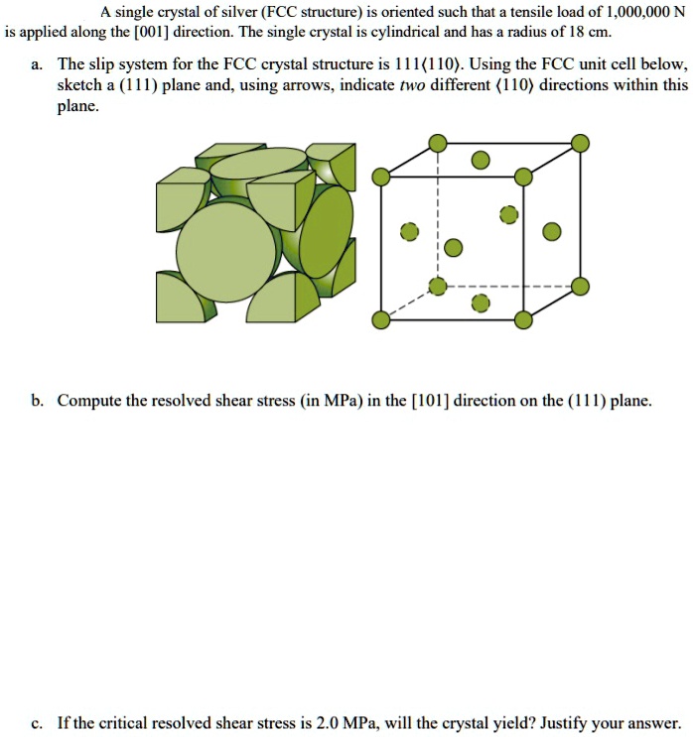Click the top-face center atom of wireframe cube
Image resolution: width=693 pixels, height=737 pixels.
click(x=480, y=160)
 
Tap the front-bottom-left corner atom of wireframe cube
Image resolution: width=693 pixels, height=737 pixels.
click(x=380, y=319)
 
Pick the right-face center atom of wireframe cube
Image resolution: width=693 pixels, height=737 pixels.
click(x=551, y=232)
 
